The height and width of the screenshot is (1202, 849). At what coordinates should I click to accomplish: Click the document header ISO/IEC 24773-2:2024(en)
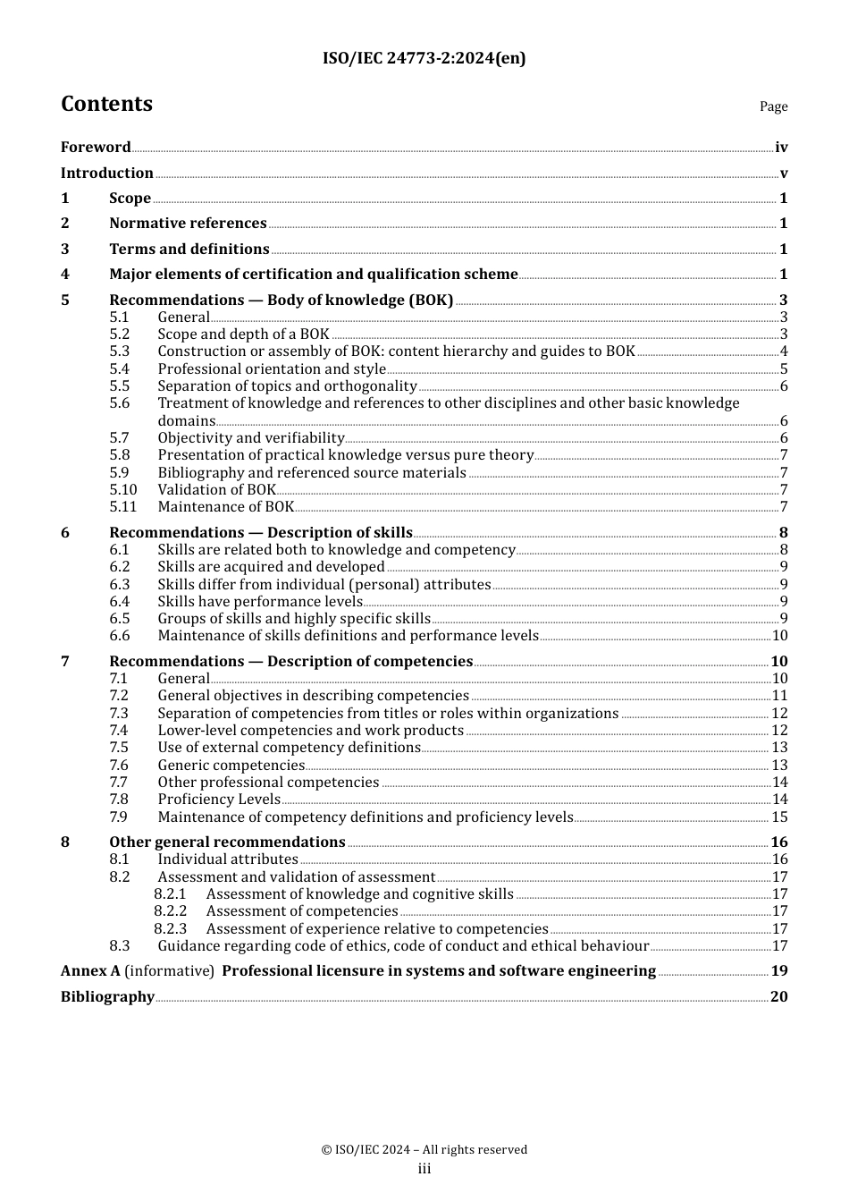pyautogui.click(x=424, y=58)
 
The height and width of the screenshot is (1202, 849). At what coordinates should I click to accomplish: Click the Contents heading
pyautogui.click(x=106, y=104)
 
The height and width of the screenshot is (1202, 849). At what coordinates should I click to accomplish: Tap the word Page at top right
pyautogui.click(x=773, y=106)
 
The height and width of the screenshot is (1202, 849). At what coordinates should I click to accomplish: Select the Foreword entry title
pyautogui.click(x=96, y=148)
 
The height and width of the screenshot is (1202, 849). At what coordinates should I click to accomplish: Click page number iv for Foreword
pyautogui.click(x=781, y=148)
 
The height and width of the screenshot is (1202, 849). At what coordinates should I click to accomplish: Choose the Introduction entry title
pyautogui.click(x=106, y=174)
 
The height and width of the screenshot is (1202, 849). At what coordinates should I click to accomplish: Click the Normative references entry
pyautogui.click(x=188, y=224)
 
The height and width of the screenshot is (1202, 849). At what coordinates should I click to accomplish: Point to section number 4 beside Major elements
pyautogui.click(x=65, y=275)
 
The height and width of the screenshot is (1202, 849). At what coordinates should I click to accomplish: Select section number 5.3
pyautogui.click(x=120, y=351)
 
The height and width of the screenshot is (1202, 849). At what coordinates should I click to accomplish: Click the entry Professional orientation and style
pyautogui.click(x=272, y=369)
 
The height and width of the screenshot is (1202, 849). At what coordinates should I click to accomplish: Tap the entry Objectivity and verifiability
pyautogui.click(x=251, y=438)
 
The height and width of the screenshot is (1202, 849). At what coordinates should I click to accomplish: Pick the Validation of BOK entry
pyautogui.click(x=217, y=490)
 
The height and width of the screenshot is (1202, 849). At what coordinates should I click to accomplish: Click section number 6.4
pyautogui.click(x=120, y=602)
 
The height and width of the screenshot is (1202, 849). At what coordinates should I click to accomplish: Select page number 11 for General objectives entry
pyautogui.click(x=779, y=696)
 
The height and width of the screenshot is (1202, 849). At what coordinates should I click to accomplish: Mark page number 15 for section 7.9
pyautogui.click(x=779, y=817)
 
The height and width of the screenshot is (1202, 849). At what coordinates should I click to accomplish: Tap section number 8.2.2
pyautogui.click(x=170, y=911)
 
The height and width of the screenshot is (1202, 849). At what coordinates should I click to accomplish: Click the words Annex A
pyautogui.click(x=90, y=971)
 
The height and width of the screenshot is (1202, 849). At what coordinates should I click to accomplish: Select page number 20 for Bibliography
pyautogui.click(x=779, y=997)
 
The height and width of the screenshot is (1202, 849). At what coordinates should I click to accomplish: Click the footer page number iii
pyautogui.click(x=424, y=1169)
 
